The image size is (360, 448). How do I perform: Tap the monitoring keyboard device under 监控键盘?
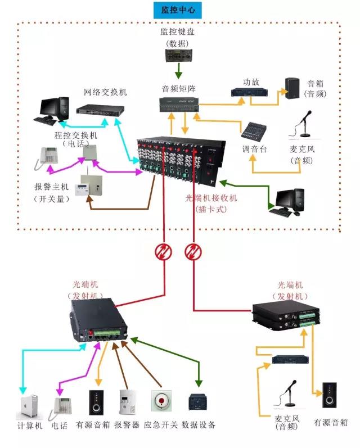pyautogui.click(x=178, y=55)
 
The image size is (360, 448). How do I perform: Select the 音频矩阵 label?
pyautogui.click(x=178, y=89)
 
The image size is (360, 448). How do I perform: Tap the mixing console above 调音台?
pyautogui.click(x=256, y=131)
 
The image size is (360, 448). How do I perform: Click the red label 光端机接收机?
pyautogui.click(x=211, y=198)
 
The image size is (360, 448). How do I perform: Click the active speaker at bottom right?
pyautogui.click(x=330, y=396)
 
